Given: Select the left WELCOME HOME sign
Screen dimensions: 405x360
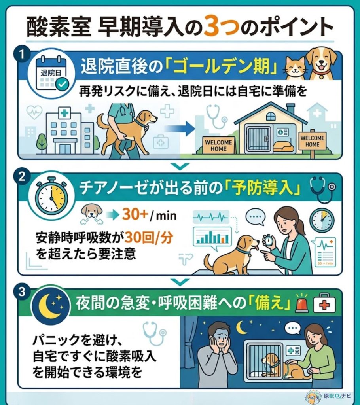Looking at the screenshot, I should tap(216, 144).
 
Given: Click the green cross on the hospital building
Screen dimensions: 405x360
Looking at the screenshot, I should tap(63, 113).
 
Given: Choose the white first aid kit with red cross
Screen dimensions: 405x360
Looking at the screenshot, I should tap(324, 305).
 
